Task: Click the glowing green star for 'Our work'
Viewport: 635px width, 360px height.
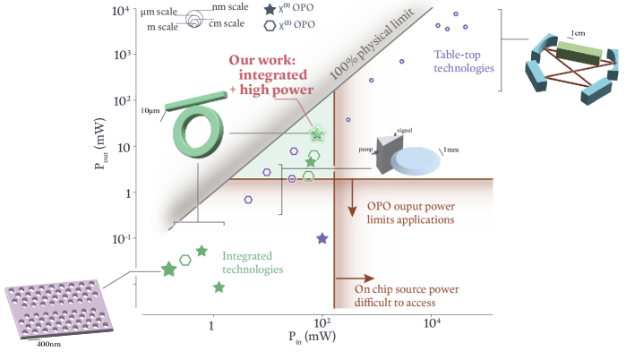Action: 316,133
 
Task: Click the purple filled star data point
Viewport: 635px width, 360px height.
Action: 322,238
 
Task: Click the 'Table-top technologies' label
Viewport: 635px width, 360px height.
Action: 464,61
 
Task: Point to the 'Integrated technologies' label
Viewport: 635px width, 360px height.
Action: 253,262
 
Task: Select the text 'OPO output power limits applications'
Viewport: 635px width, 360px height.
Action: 411,211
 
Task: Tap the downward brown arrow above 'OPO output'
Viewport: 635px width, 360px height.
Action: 352,194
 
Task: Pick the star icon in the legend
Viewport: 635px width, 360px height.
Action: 269,10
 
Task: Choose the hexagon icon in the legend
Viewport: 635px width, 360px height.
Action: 269,25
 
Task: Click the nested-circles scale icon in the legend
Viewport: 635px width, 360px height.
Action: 193,17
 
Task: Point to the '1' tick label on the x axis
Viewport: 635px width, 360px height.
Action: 211,325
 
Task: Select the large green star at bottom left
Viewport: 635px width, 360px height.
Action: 168,269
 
